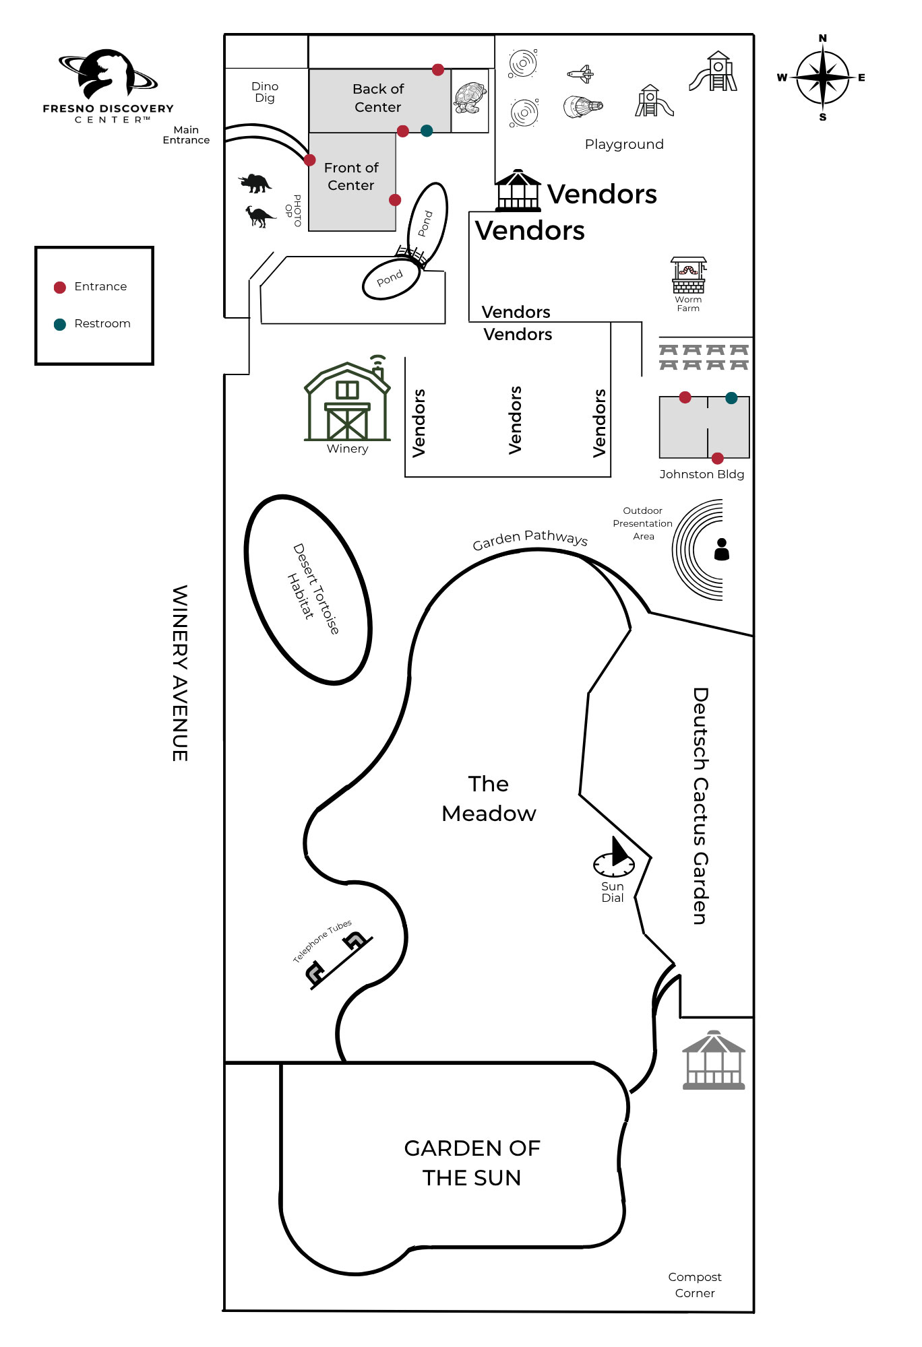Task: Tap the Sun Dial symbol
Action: (614, 857)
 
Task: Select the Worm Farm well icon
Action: (688, 275)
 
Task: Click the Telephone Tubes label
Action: (322, 941)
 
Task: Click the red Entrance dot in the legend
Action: (60, 288)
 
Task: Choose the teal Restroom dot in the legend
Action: (60, 325)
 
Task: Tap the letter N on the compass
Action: (822, 38)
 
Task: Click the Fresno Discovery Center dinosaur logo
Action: (108, 74)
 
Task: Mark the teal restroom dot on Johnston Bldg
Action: (731, 398)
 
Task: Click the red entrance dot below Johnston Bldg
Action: (718, 458)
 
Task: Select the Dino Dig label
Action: (265, 92)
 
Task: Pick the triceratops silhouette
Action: (255, 183)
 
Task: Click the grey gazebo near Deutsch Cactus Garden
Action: (714, 1060)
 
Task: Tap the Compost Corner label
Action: (695, 1285)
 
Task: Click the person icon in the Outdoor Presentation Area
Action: (722, 550)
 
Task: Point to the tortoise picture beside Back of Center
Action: (470, 98)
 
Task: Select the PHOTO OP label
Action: (293, 211)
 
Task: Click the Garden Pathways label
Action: (530, 539)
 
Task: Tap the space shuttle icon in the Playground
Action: (580, 73)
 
